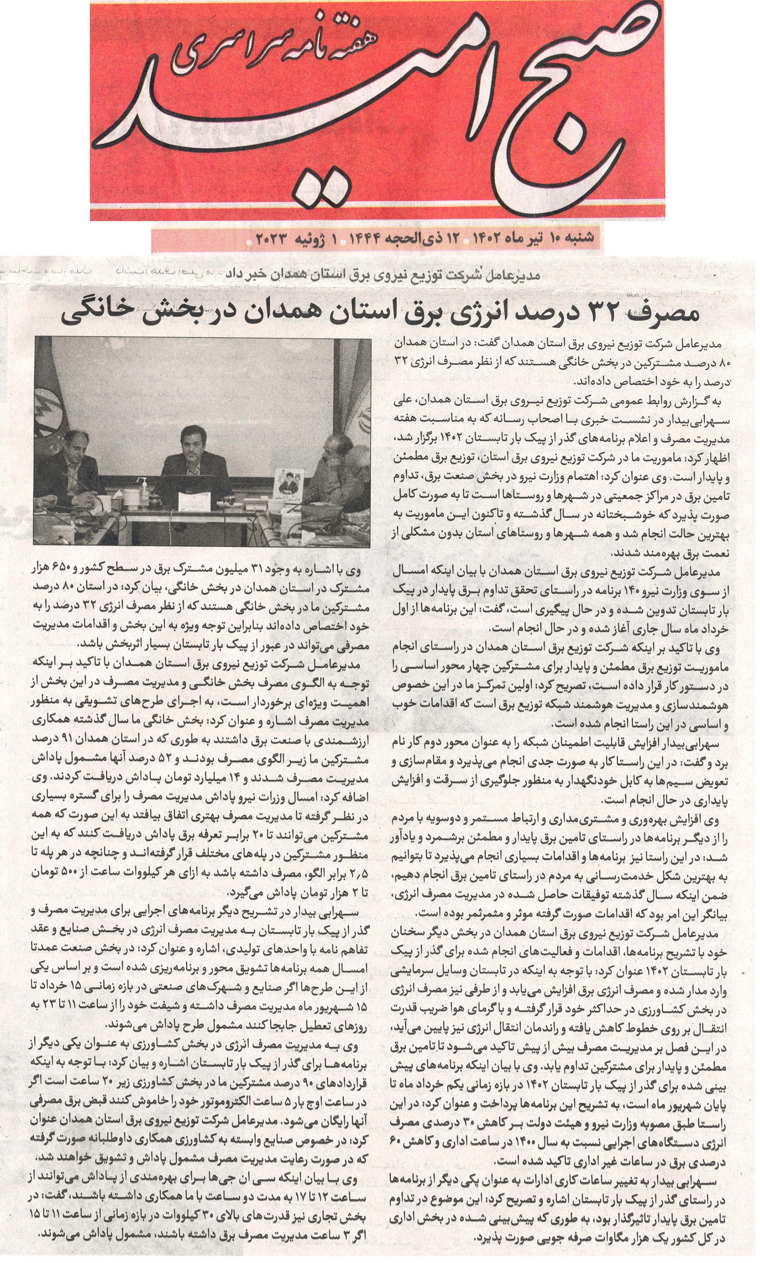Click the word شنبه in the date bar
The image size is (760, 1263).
[x=579, y=237]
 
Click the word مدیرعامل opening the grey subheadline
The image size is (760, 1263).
[x=517, y=275]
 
